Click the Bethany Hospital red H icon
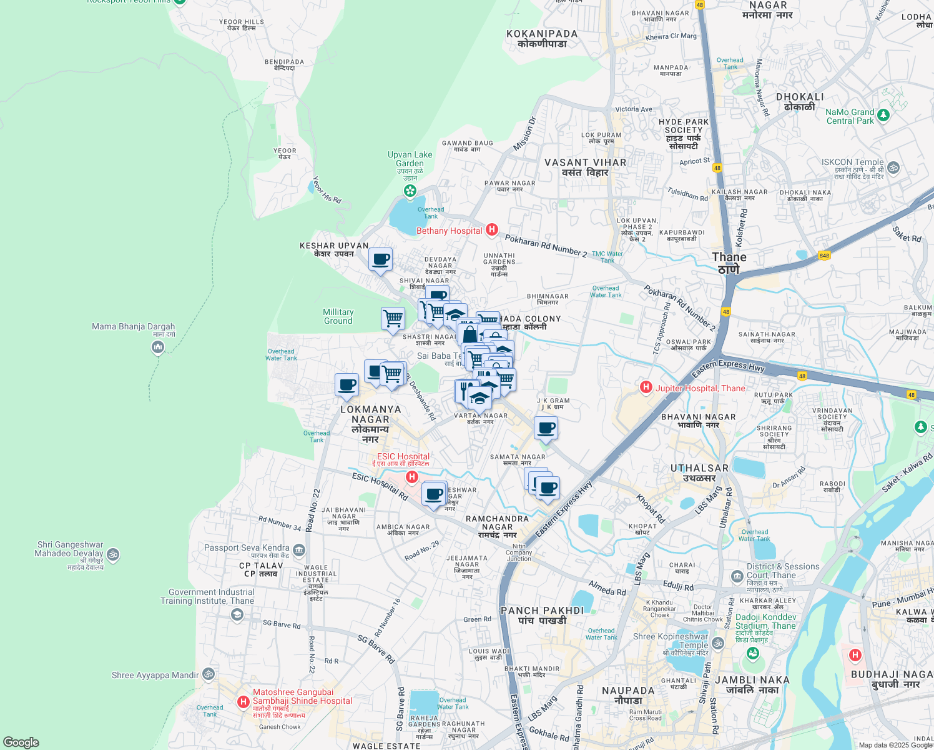(492, 230)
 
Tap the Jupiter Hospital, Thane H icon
(646, 387)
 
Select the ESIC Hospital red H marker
(411, 477)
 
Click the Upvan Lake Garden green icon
(410, 191)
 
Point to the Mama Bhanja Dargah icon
(158, 347)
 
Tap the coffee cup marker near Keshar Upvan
(380, 259)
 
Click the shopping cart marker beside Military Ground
(393, 319)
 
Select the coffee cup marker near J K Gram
(546, 428)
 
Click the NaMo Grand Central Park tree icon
(883, 116)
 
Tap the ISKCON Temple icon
(893, 167)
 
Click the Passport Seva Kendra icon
(299, 550)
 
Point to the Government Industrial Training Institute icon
(237, 615)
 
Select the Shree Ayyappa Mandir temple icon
(209, 674)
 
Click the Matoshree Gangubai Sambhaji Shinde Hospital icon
(243, 702)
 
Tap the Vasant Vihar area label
(585, 167)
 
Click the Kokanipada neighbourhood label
(542, 39)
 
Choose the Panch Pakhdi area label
(542, 615)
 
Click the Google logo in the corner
(21, 742)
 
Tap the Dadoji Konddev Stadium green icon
(753, 654)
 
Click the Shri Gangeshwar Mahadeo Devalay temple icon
(113, 554)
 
